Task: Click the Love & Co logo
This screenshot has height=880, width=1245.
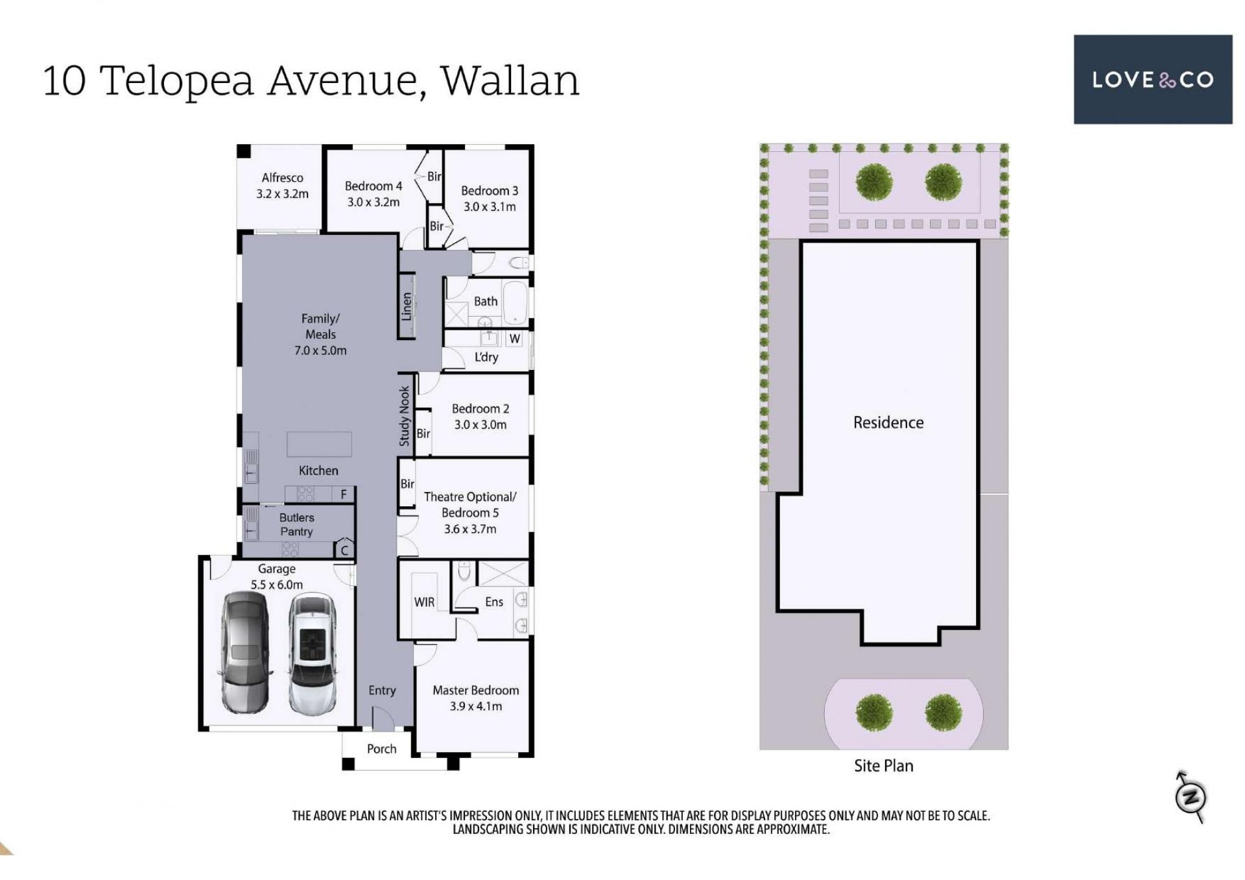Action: click(1152, 79)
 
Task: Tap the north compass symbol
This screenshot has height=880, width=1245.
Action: click(1191, 797)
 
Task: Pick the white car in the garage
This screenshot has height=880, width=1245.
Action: click(313, 655)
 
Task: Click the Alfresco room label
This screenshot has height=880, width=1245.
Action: click(282, 178)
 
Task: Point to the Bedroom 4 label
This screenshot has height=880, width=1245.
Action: click(373, 186)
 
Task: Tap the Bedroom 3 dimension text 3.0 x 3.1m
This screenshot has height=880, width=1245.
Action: click(490, 207)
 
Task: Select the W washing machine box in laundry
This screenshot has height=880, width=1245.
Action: click(515, 339)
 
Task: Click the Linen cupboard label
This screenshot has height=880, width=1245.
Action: click(407, 306)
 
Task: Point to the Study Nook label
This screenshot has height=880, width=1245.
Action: click(405, 416)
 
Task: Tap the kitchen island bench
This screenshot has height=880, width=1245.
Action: click(319, 445)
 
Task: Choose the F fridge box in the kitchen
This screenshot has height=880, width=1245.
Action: click(344, 495)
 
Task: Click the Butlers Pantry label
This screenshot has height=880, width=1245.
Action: click(296, 524)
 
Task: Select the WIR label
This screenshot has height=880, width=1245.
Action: click(424, 602)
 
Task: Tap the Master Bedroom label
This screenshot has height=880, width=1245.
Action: click(476, 691)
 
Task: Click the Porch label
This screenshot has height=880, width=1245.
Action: click(381, 749)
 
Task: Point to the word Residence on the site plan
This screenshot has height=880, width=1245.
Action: click(888, 422)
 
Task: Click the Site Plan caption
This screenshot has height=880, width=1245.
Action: click(883, 766)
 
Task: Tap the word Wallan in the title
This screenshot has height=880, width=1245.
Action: click(510, 80)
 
